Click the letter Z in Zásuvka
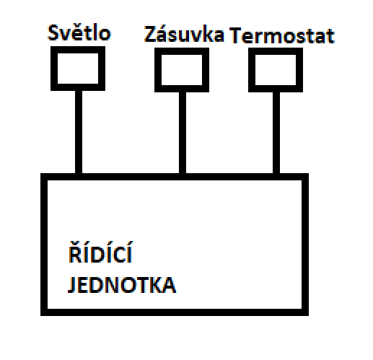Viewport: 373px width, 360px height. [150, 34]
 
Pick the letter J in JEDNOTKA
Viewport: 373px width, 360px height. [71, 284]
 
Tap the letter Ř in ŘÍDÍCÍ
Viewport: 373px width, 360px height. [72, 258]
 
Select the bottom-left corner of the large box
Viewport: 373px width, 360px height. [43, 312]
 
